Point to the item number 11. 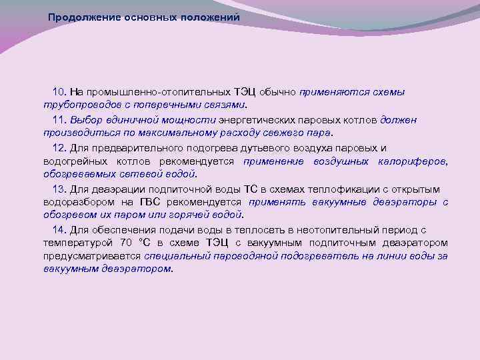59,120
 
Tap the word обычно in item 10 278,92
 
